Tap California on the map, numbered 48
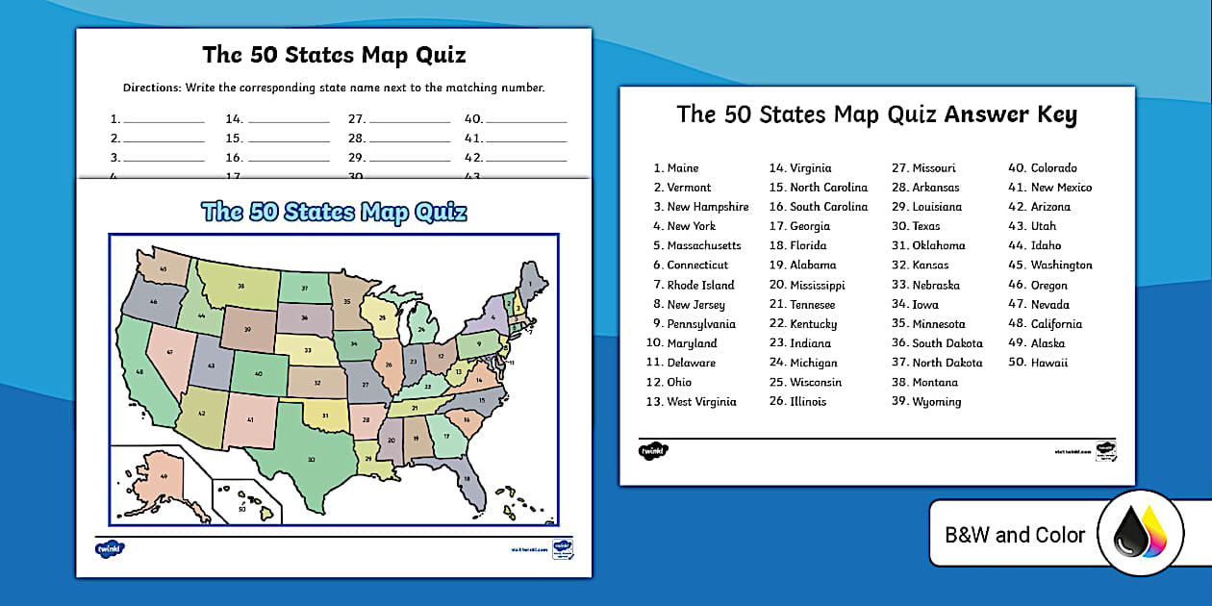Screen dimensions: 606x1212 tap(142, 370)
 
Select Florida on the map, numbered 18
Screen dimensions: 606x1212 tap(467, 476)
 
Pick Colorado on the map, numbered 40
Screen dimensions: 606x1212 tap(258, 373)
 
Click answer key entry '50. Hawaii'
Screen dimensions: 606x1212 tap(1037, 363)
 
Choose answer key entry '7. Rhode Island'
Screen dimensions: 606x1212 tap(693, 285)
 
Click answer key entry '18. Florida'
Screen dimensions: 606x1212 tap(797, 245)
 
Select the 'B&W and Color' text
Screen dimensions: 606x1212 tap(1015, 535)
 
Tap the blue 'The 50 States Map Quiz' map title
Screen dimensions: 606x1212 tap(334, 212)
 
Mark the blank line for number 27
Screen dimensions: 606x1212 tap(410, 122)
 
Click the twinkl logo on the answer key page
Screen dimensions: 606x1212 tap(652, 450)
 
